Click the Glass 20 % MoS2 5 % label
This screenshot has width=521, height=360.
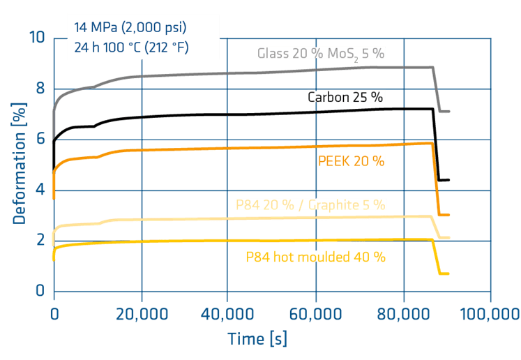[x=321, y=54]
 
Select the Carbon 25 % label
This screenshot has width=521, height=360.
[x=346, y=96]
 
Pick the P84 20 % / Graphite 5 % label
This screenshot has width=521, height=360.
[x=311, y=204]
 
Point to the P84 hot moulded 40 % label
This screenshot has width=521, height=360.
[x=315, y=256]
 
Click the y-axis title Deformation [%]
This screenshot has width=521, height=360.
[x=19, y=163]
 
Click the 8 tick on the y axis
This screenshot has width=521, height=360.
[x=40, y=89]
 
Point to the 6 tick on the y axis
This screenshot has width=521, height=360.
[x=40, y=138]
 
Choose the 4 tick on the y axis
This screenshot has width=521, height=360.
[x=40, y=189]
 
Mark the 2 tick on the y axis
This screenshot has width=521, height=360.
[x=40, y=240]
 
